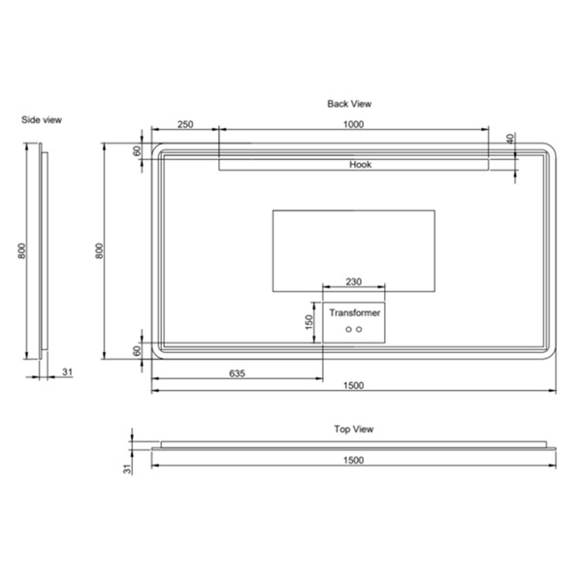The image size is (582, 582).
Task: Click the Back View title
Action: click(x=349, y=104)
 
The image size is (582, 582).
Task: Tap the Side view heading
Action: click(x=42, y=120)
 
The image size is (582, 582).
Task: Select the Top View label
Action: click(x=354, y=429)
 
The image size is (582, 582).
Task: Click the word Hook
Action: click(x=361, y=165)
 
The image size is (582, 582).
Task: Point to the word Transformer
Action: click(x=355, y=313)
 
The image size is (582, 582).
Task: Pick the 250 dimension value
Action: click(x=185, y=124)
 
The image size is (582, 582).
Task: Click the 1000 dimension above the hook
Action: click(x=353, y=124)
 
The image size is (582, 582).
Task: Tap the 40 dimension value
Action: click(x=511, y=139)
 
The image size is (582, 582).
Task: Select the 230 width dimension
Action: click(x=354, y=281)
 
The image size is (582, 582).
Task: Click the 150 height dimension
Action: click(x=308, y=322)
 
